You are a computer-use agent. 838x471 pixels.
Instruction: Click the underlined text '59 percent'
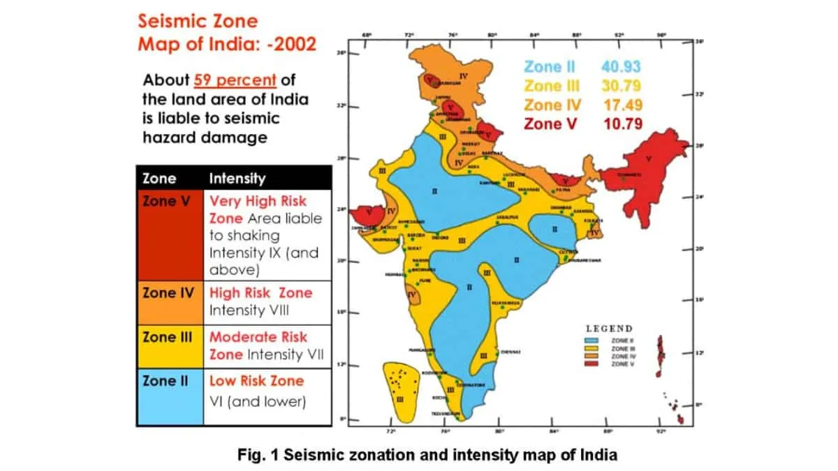pyautogui.click(x=235, y=79)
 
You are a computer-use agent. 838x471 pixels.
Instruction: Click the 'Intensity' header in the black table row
pyautogui.click(x=237, y=178)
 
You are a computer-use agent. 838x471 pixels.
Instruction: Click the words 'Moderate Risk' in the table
pyautogui.click(x=258, y=337)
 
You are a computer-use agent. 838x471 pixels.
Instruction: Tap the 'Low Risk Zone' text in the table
pyautogui.click(x=256, y=381)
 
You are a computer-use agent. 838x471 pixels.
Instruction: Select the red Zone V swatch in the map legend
pyautogui.click(x=594, y=364)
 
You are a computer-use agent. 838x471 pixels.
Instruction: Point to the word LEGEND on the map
pyautogui.click(x=609, y=328)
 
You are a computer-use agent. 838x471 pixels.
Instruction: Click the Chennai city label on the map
pyautogui.click(x=510, y=352)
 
